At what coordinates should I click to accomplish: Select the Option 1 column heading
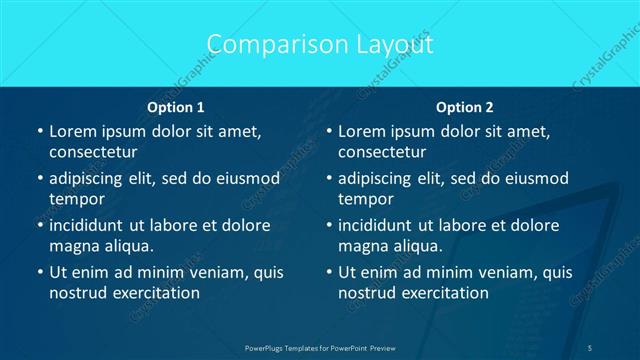[176, 107]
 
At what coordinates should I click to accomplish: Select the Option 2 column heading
[465, 107]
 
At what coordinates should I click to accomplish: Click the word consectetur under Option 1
[92, 152]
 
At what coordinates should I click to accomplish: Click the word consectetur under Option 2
[382, 152]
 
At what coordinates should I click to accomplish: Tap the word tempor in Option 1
[77, 199]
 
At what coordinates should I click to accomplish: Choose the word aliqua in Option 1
[127, 246]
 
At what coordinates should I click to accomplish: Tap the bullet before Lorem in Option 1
[40, 131]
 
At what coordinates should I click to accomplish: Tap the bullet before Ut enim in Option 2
[329, 272]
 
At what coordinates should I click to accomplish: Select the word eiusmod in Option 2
[532, 178]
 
